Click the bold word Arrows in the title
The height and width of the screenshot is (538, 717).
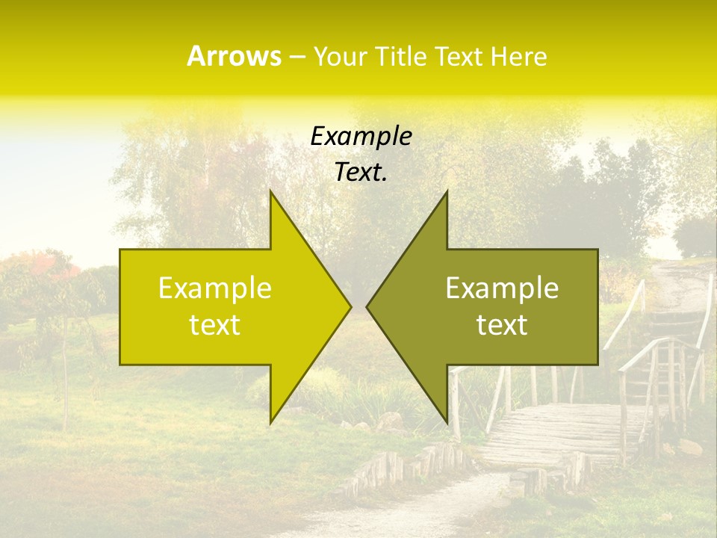(234, 57)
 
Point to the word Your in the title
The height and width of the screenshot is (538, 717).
(341, 57)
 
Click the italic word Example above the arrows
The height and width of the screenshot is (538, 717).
(361, 137)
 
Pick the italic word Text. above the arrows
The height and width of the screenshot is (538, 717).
(361, 173)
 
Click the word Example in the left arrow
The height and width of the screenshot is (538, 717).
(215, 288)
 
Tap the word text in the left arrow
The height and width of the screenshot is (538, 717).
(215, 325)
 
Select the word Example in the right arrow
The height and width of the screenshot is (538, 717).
(502, 288)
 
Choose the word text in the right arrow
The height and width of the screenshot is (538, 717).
(502, 325)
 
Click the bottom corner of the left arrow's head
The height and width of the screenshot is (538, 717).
(271, 421)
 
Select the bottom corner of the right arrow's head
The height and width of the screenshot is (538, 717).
(447, 421)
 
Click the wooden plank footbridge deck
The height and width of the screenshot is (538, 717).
(553, 433)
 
